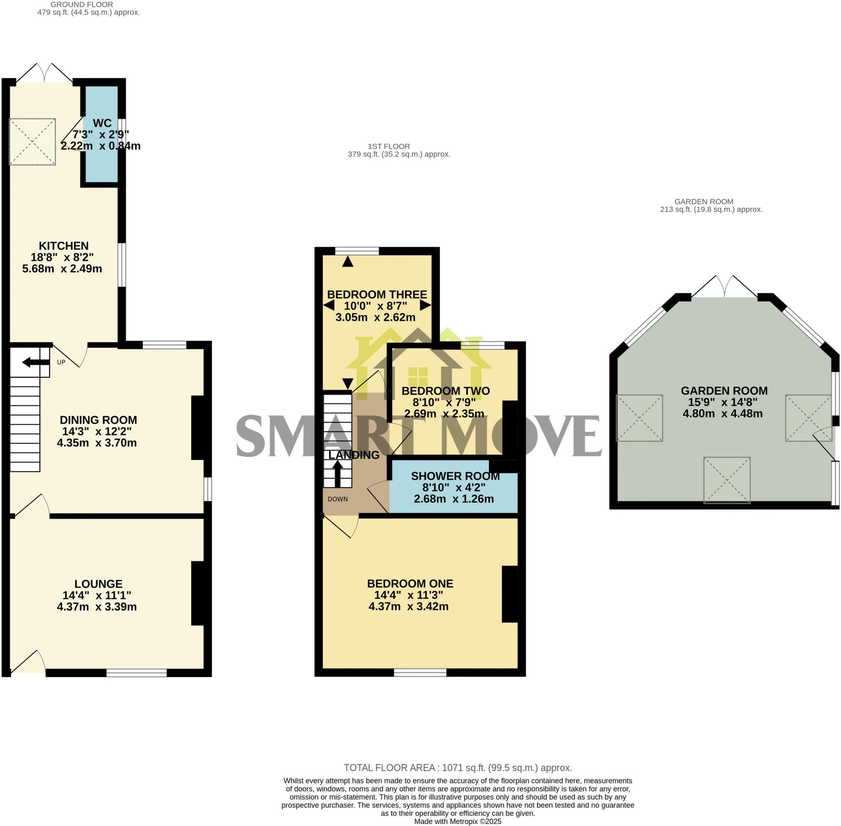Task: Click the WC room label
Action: tap(102, 123)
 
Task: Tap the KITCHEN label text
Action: tap(64, 246)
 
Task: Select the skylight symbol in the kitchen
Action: tap(32, 141)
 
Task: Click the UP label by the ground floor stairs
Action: tap(61, 362)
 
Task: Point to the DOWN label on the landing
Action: tap(338, 499)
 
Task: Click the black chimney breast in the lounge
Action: tap(198, 593)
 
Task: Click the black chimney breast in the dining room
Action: tap(198, 427)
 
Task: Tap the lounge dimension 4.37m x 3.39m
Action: tap(97, 607)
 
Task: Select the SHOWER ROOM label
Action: tap(455, 476)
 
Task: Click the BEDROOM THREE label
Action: tap(377, 295)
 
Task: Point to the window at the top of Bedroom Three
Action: tap(357, 251)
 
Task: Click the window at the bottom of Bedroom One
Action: tap(420, 672)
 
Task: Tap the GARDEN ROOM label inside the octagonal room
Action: tap(724, 391)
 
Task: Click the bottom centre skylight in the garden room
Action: tap(727, 480)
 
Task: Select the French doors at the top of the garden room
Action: tap(724, 287)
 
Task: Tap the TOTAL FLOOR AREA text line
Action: tap(457, 767)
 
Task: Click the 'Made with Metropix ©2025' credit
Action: tap(457, 821)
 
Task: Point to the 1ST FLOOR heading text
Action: tap(388, 146)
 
